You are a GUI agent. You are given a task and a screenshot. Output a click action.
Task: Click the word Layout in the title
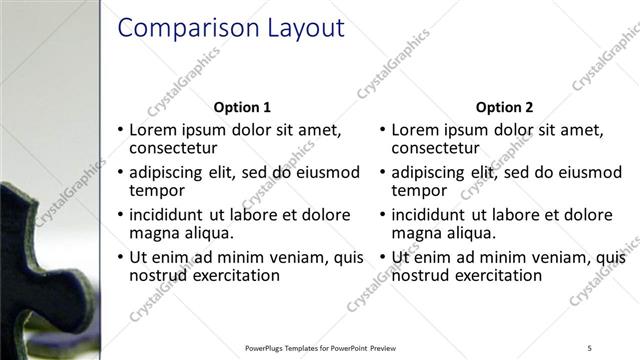pos(305,28)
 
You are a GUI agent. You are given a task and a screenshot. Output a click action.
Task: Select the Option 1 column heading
pos(242,107)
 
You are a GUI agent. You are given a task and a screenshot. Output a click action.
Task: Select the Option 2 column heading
pos(505,107)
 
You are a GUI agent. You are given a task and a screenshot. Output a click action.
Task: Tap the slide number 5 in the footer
pos(589,348)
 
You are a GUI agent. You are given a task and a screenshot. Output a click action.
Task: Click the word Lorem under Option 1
pos(155,130)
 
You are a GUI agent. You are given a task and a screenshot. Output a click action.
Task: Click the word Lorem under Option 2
pos(417,130)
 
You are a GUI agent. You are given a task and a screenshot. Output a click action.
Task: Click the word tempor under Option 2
pos(419,190)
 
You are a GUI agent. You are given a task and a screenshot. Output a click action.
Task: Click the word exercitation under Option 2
pos(496,275)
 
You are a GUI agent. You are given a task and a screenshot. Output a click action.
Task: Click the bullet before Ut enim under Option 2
pos(382,258)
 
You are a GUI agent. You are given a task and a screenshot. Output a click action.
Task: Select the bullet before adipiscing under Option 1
pos(121,173)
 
